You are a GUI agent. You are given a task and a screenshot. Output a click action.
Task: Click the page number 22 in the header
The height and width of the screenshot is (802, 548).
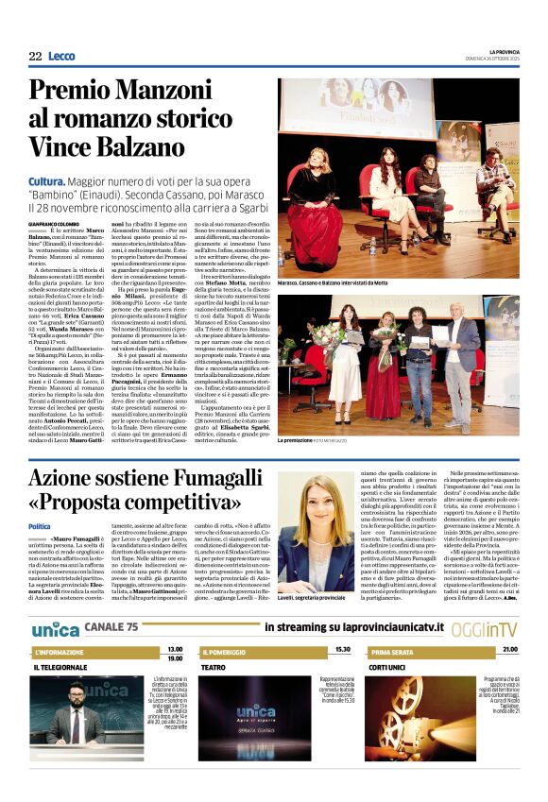[35, 56]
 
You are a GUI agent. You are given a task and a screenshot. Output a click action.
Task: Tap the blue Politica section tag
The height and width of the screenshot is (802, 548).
[39, 526]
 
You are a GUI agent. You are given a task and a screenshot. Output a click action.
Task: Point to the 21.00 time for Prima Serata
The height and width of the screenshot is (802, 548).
[510, 650]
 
